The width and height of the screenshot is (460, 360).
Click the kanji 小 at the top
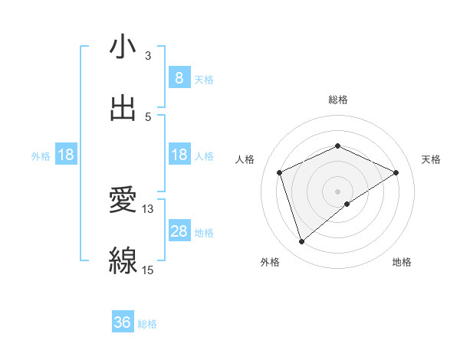pos(123,47)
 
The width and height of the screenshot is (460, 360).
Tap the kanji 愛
pos(123,200)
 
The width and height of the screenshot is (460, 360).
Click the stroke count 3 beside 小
pos(148,55)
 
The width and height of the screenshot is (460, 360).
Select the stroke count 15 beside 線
pos(147,270)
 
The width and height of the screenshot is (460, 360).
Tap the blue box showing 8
pos(179,77)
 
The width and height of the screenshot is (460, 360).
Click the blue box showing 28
pos(179,231)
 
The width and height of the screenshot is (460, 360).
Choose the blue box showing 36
pos(123,322)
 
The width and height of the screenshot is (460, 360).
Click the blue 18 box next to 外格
pos(66,155)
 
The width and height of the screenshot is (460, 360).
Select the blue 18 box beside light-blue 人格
pos(179,155)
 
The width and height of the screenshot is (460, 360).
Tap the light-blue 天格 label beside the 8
pos(204,79)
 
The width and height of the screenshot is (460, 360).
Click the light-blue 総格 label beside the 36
pos(147,324)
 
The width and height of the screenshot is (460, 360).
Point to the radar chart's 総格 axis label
pos(338,100)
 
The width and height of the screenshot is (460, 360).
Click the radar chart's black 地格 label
pos(402,262)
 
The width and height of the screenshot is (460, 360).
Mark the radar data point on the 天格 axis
pos(396,172)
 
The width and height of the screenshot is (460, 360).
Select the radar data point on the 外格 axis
pos(301,242)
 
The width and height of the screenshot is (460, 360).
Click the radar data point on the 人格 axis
pos(280,172)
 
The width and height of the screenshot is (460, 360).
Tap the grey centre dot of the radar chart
pos(338,191)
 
